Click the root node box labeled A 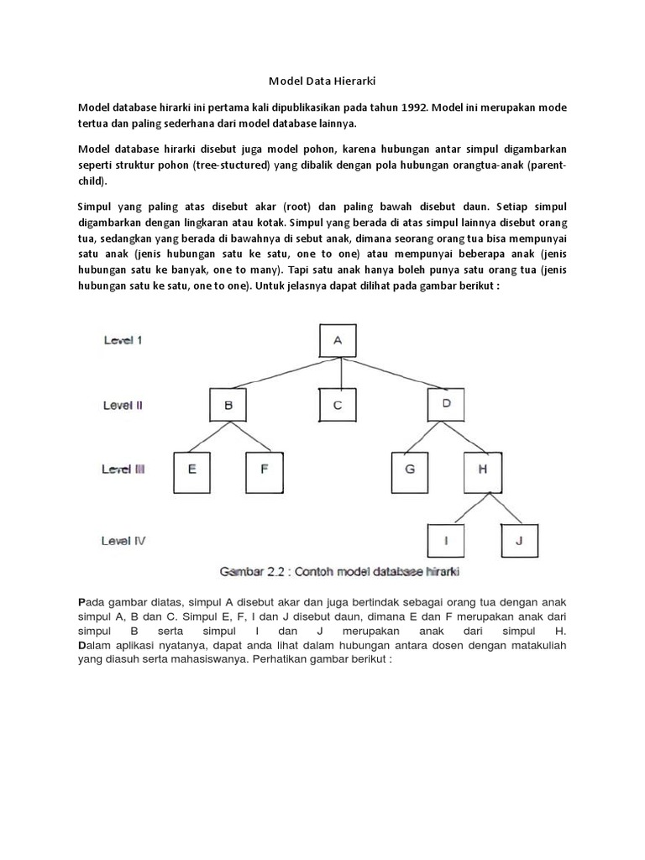point(338,341)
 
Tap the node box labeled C point(338,405)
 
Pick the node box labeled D point(446,405)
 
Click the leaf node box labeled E point(193,470)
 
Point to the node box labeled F point(265,470)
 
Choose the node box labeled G point(410,470)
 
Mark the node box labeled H point(482,470)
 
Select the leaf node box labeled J point(518,541)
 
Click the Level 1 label point(123,340)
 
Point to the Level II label point(123,405)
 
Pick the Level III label point(124,469)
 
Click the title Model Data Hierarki point(322,81)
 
